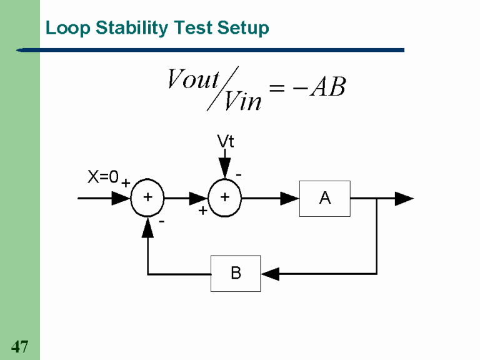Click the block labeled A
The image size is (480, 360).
[324, 199]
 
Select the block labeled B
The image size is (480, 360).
[236, 273]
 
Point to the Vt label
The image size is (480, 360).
[226, 142]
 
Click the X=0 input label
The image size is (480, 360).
[103, 177]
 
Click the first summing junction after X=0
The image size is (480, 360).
[147, 199]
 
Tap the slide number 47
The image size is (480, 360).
[20, 346]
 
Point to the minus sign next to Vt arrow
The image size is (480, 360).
[239, 174]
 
